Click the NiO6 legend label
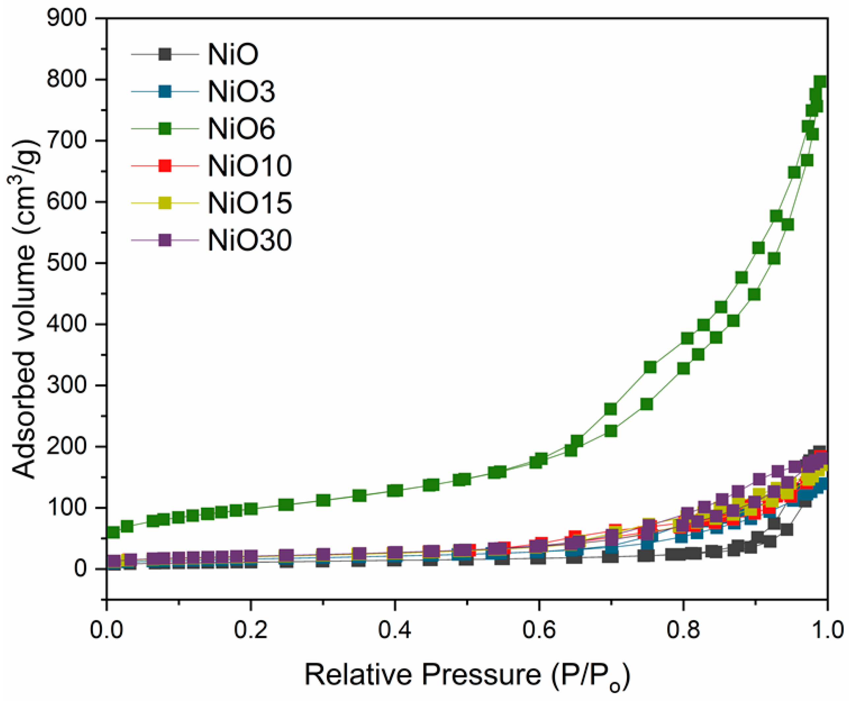pyautogui.click(x=241, y=129)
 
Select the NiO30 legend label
pyautogui.click(x=250, y=241)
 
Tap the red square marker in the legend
pyautogui.click(x=165, y=166)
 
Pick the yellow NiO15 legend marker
pyautogui.click(x=165, y=203)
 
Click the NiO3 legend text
pyautogui.click(x=241, y=92)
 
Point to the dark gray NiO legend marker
pyautogui.click(x=165, y=54)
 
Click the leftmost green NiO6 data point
pyautogui.click(x=113, y=532)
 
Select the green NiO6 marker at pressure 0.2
pyautogui.click(x=251, y=509)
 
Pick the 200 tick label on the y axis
pyautogui.click(x=67, y=446)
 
